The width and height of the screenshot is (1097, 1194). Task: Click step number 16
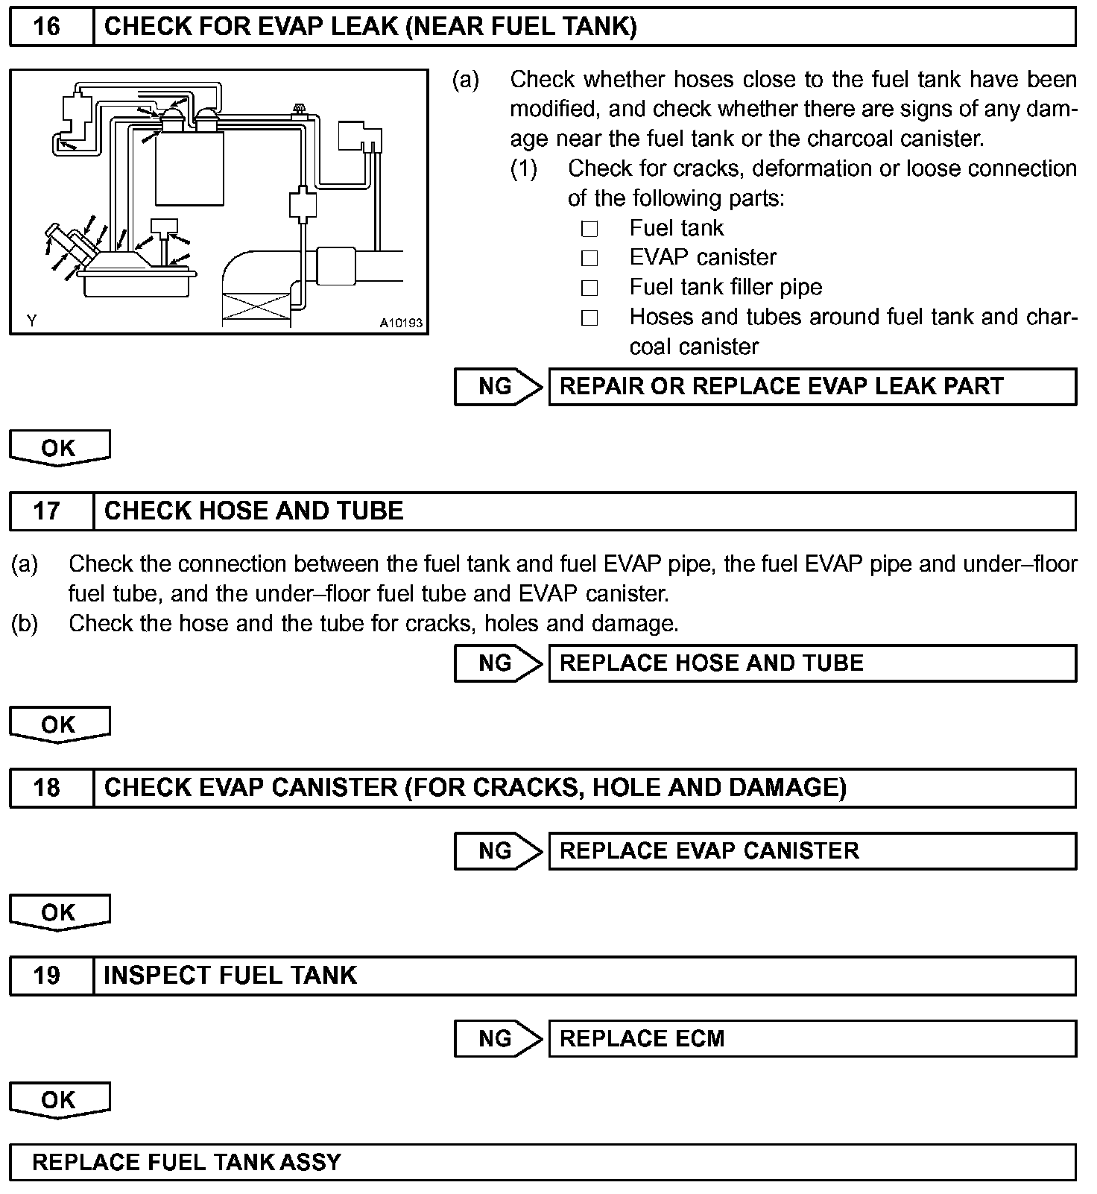point(46,27)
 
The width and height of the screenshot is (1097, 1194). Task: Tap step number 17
point(46,511)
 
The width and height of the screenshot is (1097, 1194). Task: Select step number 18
point(46,788)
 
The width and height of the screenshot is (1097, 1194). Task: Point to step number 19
point(46,976)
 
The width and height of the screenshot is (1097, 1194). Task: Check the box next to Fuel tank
point(589,229)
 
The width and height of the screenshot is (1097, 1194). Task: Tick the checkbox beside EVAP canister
point(589,258)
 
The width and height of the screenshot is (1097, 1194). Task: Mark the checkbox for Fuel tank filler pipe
point(589,288)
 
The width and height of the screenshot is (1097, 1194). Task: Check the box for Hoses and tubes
point(589,318)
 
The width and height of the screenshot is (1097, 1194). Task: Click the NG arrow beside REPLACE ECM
point(498,1038)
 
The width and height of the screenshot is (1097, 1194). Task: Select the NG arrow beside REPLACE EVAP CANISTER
point(498,850)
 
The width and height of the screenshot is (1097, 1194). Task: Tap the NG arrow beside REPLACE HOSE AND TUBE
point(498,663)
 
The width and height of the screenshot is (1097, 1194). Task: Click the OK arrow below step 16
point(59,448)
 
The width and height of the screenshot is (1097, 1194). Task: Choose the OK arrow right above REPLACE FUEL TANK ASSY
point(59,1100)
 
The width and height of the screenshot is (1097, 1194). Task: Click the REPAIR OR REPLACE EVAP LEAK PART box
point(812,386)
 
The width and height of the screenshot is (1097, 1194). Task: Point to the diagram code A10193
point(401,323)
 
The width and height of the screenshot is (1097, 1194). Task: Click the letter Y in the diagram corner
point(31,321)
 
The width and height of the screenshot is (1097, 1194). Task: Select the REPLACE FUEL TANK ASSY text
point(186,1162)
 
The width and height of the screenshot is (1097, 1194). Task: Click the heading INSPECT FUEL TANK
point(230,976)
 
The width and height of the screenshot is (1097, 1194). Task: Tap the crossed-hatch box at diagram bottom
point(256,307)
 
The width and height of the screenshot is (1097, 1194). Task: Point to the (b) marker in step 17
point(25,623)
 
